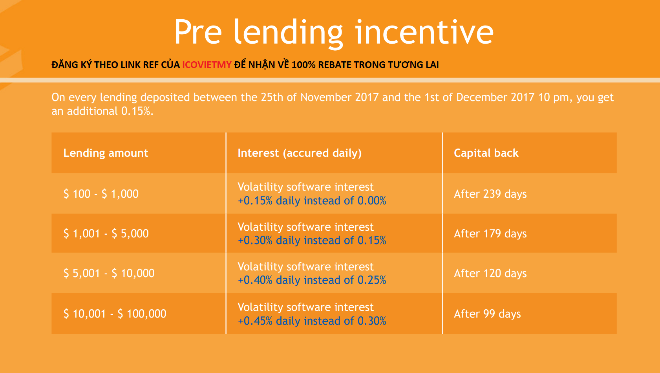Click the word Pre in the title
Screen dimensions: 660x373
pos(198,32)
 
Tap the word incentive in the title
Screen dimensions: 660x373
pos(424,32)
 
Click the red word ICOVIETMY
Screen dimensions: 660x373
pos(207,65)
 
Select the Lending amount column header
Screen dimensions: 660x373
pos(106,153)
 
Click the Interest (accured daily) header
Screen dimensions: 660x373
pos(300,153)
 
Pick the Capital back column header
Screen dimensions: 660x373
pos(486,153)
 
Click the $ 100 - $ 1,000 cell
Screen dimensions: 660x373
pos(101,194)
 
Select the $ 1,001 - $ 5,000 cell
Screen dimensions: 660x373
pos(106,234)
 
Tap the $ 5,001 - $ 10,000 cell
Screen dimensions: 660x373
pos(109,273)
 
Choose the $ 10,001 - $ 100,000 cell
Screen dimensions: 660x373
pos(115,314)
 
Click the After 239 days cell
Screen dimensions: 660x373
pos(490,194)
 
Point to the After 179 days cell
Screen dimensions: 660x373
pos(490,234)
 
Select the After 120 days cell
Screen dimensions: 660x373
pos(490,273)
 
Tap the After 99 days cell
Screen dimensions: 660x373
pos(487,314)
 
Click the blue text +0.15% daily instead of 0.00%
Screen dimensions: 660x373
pos(312,201)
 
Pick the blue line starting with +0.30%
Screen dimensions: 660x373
pos(312,241)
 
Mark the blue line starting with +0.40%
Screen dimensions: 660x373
pos(312,280)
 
